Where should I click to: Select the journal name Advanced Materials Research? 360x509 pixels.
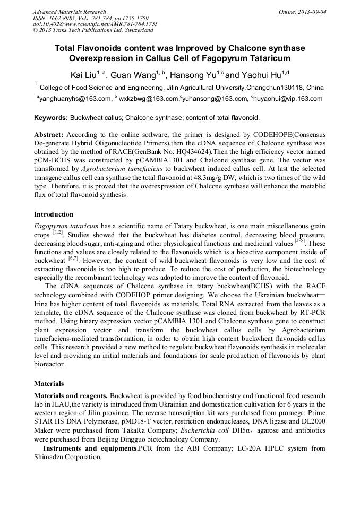click(x=69, y=12)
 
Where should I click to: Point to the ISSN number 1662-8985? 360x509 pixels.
click(x=64, y=18)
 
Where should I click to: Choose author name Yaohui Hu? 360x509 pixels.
click(x=261, y=75)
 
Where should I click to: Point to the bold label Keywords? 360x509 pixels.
click(x=52, y=117)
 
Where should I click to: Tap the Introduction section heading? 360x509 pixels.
click(x=54, y=214)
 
